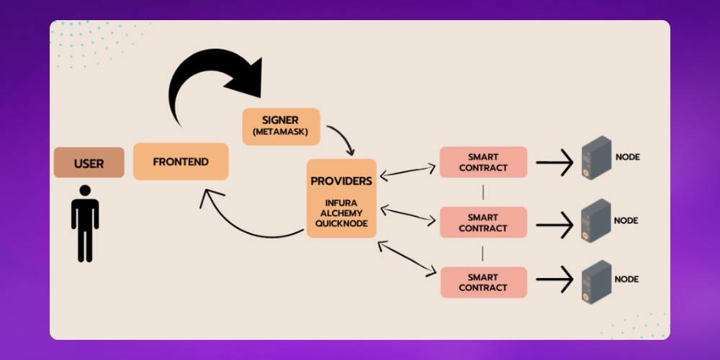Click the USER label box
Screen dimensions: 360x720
(x=89, y=163)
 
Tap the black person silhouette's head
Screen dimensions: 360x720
(x=85, y=192)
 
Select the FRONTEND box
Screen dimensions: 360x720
(x=181, y=162)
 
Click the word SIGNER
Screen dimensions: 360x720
(x=280, y=120)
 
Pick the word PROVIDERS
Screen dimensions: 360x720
(x=341, y=181)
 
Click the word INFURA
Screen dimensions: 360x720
(x=341, y=202)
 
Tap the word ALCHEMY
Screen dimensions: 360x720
(x=341, y=213)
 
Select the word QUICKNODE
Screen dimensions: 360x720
(x=341, y=224)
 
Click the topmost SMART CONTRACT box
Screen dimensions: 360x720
(x=482, y=162)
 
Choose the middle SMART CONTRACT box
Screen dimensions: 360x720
(x=482, y=222)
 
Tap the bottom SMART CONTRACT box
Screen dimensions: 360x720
(x=482, y=282)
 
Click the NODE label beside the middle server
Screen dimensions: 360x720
(x=627, y=220)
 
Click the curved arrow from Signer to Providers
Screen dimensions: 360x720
(x=344, y=140)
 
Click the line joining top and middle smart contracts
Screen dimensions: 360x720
(x=482, y=192)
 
